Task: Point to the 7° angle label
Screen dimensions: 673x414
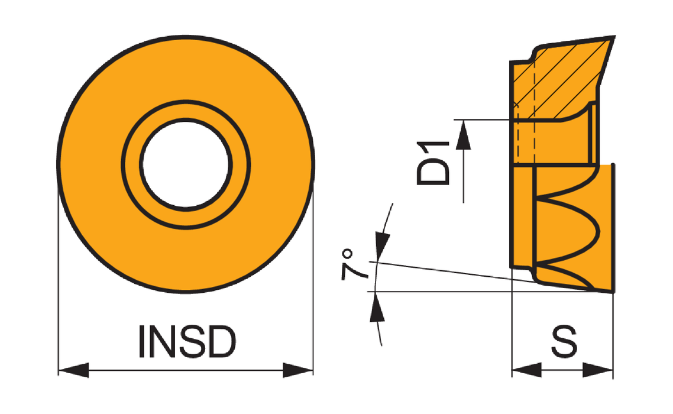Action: coord(354,264)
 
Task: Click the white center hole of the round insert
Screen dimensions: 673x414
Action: coord(186,164)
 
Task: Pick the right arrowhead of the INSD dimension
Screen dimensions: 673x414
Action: coord(298,370)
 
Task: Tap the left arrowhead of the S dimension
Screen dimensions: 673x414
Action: coord(527,370)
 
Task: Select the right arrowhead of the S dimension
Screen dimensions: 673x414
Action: coord(598,370)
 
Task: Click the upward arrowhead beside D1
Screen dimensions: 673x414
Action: coord(463,135)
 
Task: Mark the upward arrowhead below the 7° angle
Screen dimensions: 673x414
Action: coord(377,306)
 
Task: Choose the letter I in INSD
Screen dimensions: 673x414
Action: coord(141,342)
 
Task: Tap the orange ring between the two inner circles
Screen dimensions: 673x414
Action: coord(186,111)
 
